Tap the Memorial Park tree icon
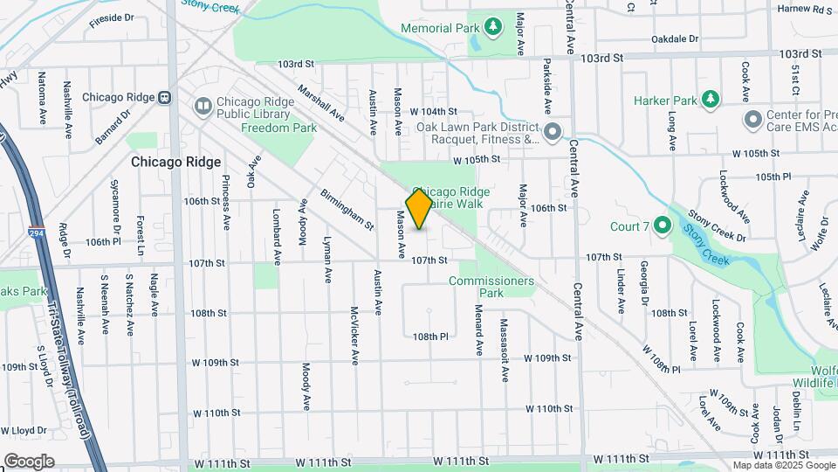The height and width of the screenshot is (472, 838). [494, 28]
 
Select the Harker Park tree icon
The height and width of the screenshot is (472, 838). [712, 100]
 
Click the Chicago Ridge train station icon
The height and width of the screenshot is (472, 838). [165, 98]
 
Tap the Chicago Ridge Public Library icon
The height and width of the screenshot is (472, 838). [203, 107]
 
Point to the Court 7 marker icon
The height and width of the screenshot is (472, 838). [663, 227]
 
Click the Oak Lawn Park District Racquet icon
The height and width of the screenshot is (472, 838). [552, 133]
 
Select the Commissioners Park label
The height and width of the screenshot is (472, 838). [491, 287]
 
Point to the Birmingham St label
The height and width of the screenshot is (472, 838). [347, 209]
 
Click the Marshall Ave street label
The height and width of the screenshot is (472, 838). [320, 103]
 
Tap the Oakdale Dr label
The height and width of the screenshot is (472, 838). [675, 38]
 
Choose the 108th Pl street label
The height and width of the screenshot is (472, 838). [430, 337]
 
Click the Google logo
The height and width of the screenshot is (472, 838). [29, 461]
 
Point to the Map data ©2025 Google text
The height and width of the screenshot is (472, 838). [783, 465]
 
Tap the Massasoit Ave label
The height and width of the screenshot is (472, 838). [505, 350]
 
